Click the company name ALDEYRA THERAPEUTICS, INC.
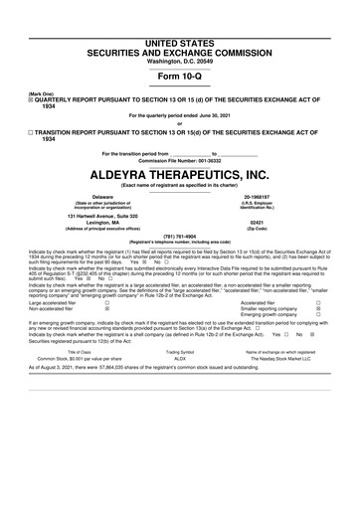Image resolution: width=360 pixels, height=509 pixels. [180, 175]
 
